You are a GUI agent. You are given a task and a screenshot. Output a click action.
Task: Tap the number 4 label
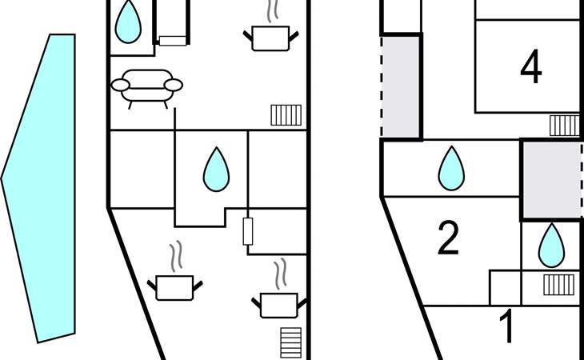click(530, 68)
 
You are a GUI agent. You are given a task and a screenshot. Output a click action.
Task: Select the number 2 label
click(449, 238)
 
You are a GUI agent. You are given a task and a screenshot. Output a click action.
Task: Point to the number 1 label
click(507, 327)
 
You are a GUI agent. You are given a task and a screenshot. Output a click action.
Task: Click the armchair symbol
click(146, 86)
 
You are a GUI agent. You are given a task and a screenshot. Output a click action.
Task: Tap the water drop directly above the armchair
click(127, 22)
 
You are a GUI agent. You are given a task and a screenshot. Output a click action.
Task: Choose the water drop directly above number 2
click(452, 168)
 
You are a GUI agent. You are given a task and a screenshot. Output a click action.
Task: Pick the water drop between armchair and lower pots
click(215, 170)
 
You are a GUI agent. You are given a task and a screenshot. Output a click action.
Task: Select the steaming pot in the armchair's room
click(270, 36)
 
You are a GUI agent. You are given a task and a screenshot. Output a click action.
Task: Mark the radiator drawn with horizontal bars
click(292, 342)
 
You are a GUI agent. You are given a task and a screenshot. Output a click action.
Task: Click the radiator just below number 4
click(564, 125)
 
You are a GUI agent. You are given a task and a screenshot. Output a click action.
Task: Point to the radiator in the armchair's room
click(286, 115)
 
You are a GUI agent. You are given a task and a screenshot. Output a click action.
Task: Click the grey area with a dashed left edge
click(401, 86)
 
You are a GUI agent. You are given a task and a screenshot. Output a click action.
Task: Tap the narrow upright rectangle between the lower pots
click(248, 231)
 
